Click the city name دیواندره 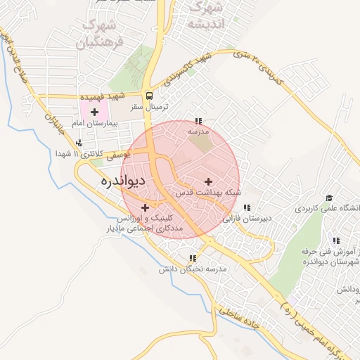coord(124,181)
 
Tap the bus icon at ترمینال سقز coord(148,96)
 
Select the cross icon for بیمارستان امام coord(94,112)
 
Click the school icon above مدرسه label coord(199,121)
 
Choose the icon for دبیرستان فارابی coord(247,208)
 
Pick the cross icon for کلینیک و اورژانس coord(146,207)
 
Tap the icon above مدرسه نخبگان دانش coord(193,259)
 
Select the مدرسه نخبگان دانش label coord(193,269)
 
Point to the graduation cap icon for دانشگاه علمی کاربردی coord(329,199)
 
